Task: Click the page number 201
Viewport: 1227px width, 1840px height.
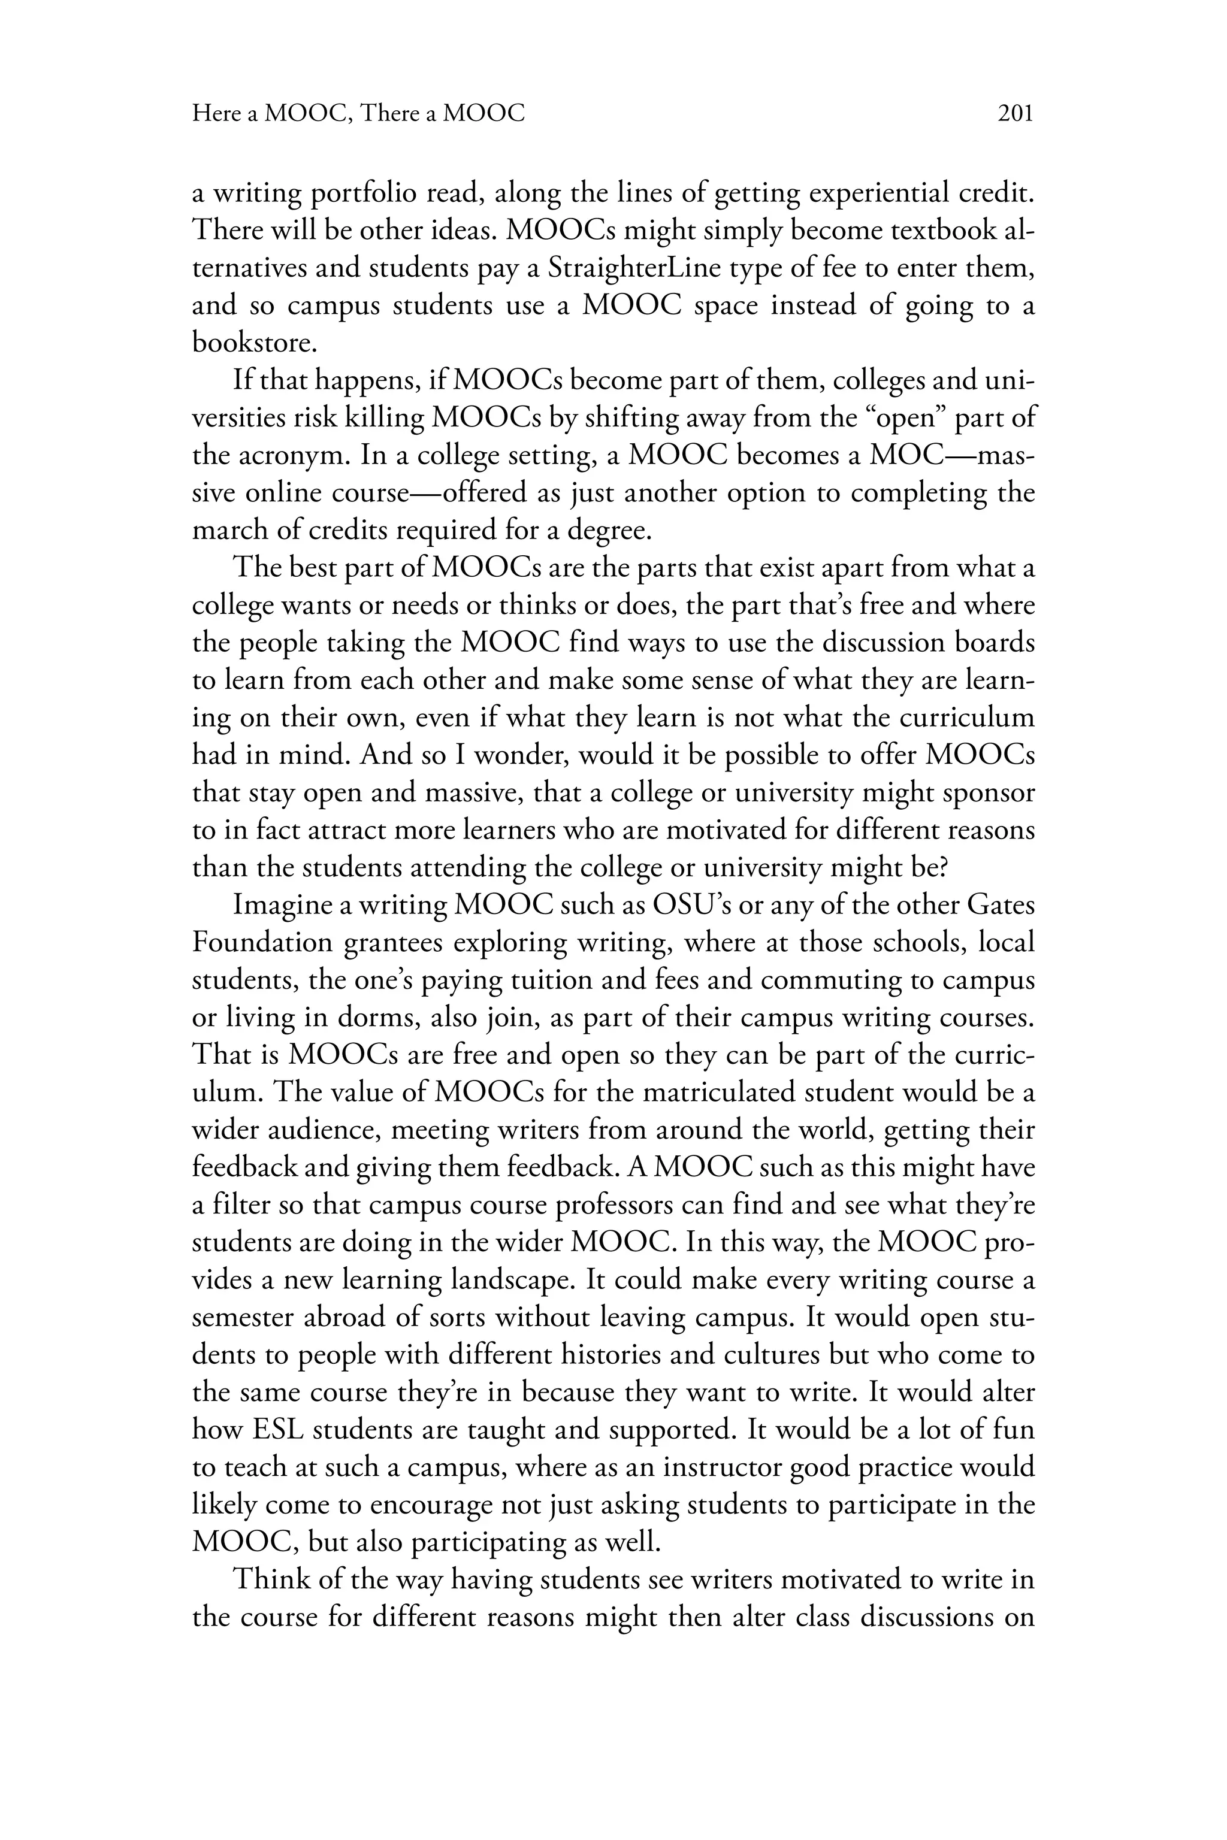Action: [1016, 114]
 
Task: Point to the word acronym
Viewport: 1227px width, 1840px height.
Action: [294, 455]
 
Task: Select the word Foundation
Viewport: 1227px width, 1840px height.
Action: [262, 943]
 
